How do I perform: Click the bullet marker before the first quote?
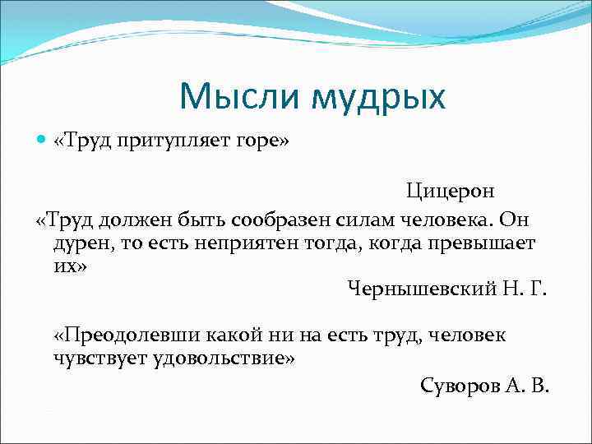pyautogui.click(x=43, y=141)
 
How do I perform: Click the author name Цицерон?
pyautogui.click(x=450, y=192)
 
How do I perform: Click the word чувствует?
pyautogui.click(x=99, y=358)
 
